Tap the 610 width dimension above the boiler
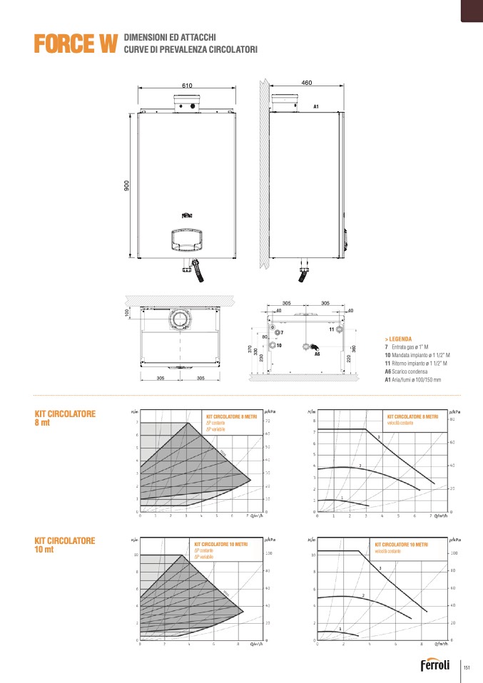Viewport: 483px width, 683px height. click(187, 85)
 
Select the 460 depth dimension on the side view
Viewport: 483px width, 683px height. click(307, 83)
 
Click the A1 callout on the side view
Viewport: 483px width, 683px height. click(316, 106)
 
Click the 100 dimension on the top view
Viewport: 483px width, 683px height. click(127, 312)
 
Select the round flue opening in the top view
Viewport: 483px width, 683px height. click(181, 319)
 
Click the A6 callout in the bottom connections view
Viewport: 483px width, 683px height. click(317, 354)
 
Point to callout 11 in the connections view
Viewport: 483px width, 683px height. click(332, 329)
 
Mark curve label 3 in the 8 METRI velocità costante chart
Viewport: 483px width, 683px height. click(378, 436)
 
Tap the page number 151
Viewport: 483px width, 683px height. click(467, 667)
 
